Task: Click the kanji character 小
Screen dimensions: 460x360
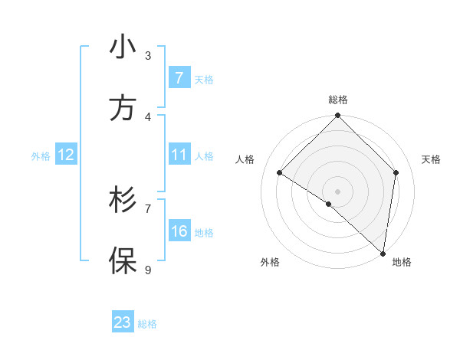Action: click(x=123, y=47)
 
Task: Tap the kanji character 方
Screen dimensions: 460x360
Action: click(x=123, y=109)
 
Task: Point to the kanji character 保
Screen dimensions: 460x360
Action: click(x=123, y=260)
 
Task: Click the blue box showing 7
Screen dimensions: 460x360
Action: click(x=179, y=77)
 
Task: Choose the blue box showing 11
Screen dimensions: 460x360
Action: click(x=179, y=155)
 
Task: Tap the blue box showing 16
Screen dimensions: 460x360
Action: click(x=179, y=231)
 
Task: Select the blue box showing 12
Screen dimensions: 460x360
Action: click(x=65, y=155)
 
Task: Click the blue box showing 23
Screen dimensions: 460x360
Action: click(x=123, y=322)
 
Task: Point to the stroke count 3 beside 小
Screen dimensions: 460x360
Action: click(x=148, y=56)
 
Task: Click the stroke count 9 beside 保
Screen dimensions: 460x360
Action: click(x=148, y=270)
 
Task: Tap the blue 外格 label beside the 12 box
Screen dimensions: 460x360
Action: click(x=41, y=155)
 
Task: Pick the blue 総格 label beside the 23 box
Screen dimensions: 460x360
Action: click(x=147, y=324)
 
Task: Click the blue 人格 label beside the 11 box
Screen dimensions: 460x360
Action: click(x=204, y=156)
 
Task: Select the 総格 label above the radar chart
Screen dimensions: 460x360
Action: click(x=338, y=100)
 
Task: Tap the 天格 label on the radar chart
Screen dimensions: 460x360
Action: click(x=431, y=159)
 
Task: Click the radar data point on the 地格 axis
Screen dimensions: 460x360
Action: click(x=383, y=253)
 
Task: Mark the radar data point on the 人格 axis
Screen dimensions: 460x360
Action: click(x=280, y=173)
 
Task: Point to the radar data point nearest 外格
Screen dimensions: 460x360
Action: click(x=328, y=204)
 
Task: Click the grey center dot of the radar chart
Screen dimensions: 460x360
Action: click(x=337, y=191)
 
